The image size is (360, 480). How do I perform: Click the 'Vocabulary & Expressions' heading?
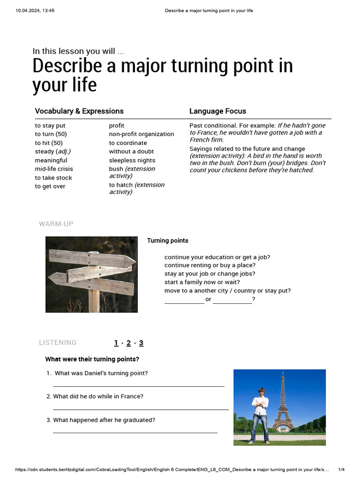79,111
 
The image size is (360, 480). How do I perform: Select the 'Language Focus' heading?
217,111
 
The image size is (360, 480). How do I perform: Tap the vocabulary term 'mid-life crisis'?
54,169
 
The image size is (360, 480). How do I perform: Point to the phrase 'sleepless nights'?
132,160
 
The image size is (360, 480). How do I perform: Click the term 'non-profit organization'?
141,134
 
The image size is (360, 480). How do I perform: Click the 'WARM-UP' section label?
56,224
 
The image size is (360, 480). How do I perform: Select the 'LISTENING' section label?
58,343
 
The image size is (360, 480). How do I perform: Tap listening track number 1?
116,343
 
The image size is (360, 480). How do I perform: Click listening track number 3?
141,343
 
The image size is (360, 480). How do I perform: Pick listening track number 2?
128,343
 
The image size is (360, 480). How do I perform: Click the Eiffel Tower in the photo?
283,403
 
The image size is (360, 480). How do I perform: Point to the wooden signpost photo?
91,274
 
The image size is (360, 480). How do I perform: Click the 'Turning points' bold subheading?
167,240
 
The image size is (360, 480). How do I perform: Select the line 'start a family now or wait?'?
202,282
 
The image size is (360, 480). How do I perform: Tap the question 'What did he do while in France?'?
98,397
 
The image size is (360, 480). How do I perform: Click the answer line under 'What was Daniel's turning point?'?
139,386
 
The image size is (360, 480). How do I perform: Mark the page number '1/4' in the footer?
341,470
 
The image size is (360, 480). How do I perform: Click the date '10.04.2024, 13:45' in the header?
35,11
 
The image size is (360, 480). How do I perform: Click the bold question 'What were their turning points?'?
92,360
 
